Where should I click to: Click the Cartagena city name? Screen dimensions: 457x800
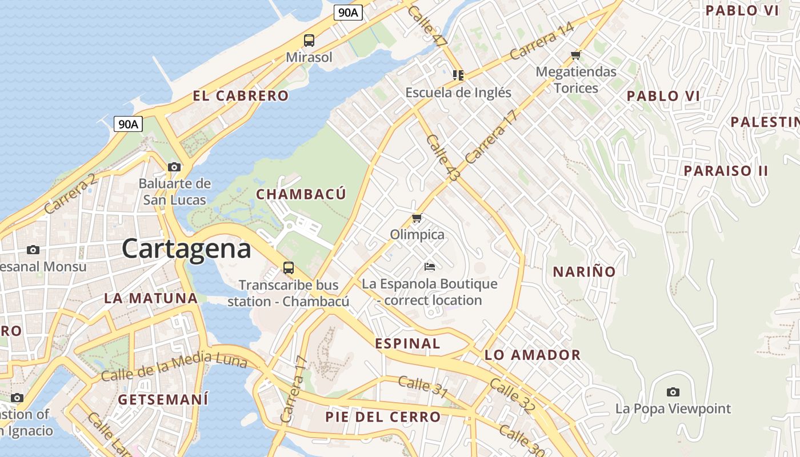coord(186,249)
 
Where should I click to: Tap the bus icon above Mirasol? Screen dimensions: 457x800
coord(309,40)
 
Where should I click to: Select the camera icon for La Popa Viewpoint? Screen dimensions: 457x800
coord(673,392)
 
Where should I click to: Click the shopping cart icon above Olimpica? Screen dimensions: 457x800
coord(417,218)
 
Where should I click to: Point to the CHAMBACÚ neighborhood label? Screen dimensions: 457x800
coord(301,194)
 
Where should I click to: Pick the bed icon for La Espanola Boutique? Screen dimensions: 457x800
coord(430,267)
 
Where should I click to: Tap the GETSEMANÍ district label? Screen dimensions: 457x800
coord(163,399)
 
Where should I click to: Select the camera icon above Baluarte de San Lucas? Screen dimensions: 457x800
coord(174,167)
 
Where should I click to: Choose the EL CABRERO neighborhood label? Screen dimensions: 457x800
coord(241,96)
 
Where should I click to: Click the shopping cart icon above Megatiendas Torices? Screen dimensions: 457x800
coord(575,55)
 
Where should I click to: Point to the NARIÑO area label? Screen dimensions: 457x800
coord(584,272)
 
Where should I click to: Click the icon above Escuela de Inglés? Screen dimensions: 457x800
coord(458,75)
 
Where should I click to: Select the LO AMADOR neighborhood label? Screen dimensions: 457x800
coord(533,355)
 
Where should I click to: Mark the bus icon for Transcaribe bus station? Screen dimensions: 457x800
coord(289,267)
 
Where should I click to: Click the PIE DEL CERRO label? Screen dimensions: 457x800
coord(383,417)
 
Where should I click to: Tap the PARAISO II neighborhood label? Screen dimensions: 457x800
coord(726,171)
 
